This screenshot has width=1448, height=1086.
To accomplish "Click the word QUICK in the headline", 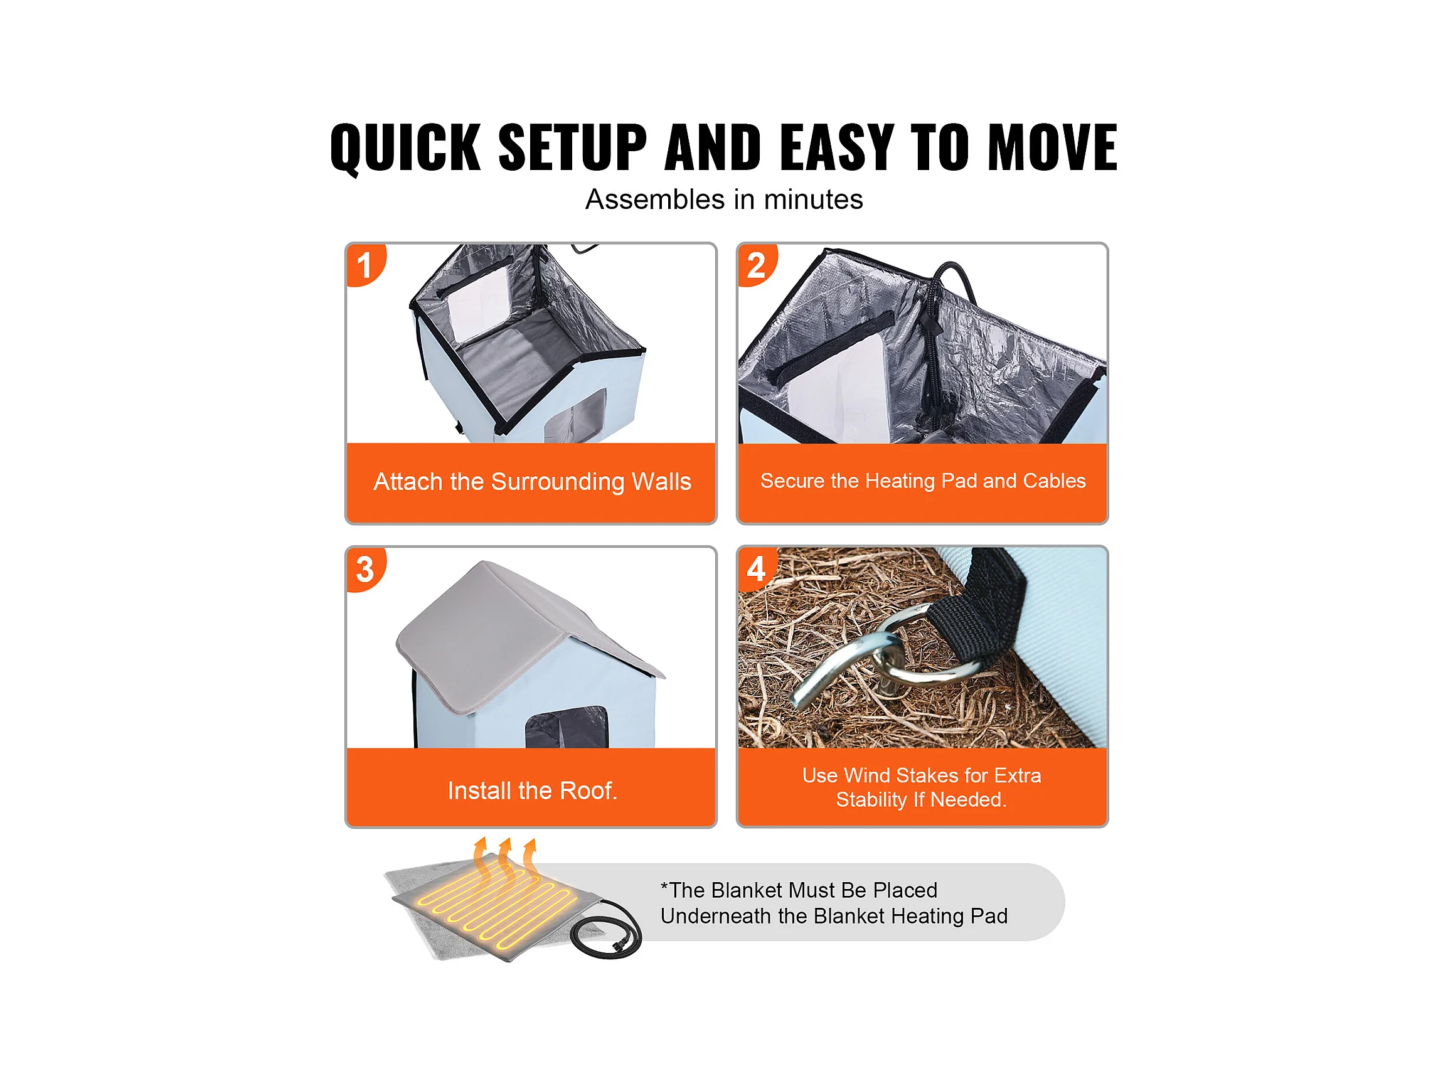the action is click(x=405, y=148).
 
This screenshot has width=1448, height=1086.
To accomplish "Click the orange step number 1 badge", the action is click(x=365, y=265).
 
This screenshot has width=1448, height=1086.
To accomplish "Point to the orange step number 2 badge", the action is click(x=757, y=265).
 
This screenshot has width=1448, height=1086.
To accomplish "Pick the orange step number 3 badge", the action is click(x=365, y=568).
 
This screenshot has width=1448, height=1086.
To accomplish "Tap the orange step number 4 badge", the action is click(x=757, y=568).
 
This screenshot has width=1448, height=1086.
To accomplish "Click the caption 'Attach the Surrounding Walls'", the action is click(x=532, y=482).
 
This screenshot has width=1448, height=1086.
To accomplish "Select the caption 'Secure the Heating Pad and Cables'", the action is click(x=923, y=481).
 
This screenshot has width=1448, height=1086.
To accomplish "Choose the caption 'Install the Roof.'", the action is click(x=532, y=791).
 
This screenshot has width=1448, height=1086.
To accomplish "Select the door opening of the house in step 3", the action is click(x=567, y=728).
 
